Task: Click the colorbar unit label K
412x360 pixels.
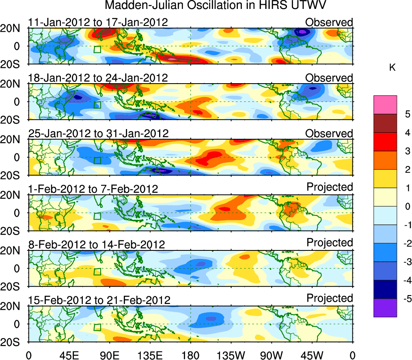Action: [x=392, y=68]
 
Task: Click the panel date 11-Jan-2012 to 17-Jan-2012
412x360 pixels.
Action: [x=98, y=22]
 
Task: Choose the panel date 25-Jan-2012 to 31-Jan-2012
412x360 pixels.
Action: [x=98, y=133]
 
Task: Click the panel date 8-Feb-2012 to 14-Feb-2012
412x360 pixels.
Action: [x=96, y=244]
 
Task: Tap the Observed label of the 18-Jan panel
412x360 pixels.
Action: [x=329, y=78]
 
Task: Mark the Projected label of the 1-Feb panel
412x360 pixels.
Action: [x=330, y=187]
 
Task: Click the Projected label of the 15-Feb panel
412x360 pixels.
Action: [x=330, y=298]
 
